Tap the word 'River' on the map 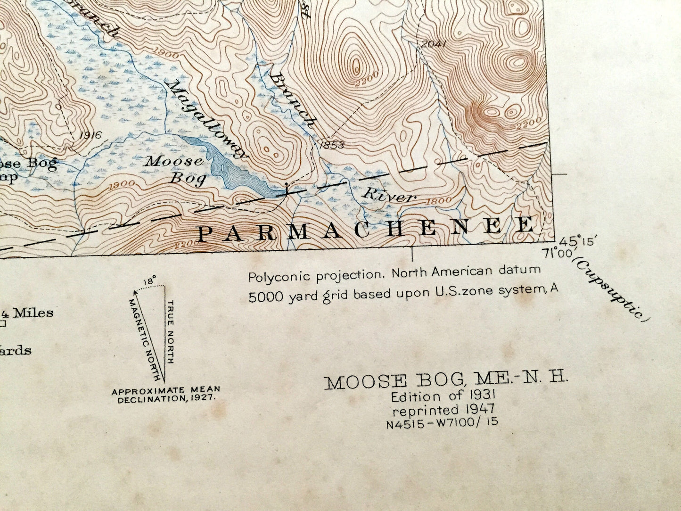point(389,195)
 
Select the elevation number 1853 point(332,144)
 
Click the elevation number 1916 point(90,135)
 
